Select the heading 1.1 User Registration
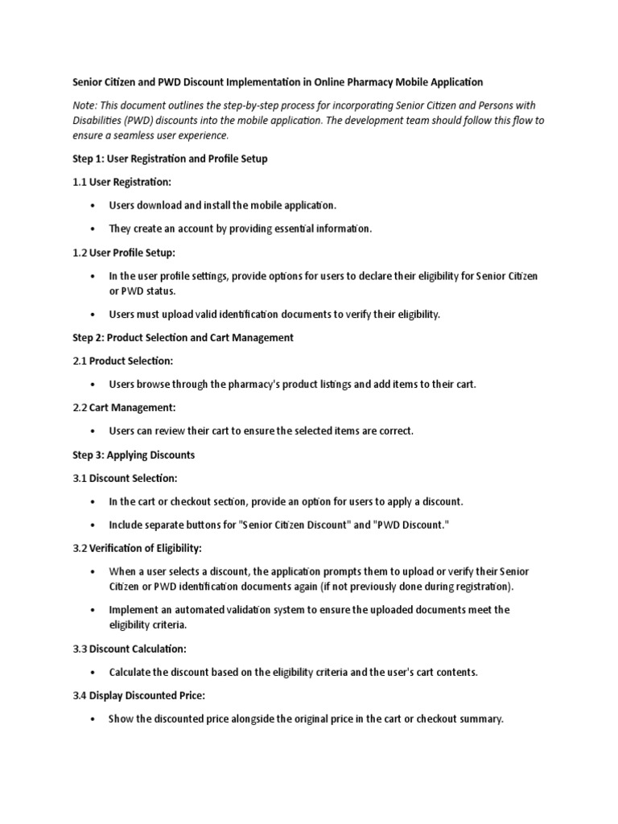[122, 182]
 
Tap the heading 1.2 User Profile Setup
[130, 252]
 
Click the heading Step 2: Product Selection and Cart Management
[183, 338]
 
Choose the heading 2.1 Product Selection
[122, 360]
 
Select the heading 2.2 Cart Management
[124, 408]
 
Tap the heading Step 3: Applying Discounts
[134, 455]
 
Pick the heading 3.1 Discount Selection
[125, 478]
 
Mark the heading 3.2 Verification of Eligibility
[138, 548]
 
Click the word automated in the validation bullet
[202, 610]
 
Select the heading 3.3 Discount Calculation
[129, 649]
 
